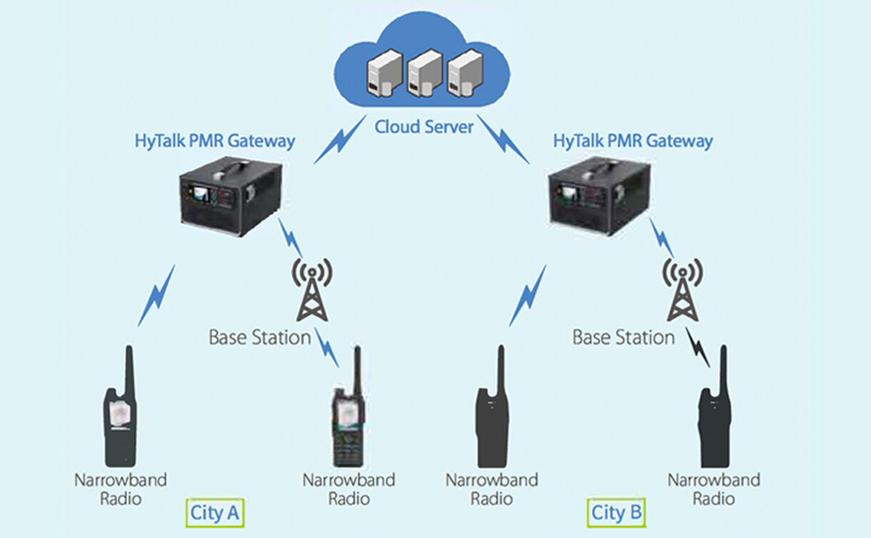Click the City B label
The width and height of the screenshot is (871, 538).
tap(616, 512)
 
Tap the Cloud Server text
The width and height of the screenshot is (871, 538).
tap(424, 127)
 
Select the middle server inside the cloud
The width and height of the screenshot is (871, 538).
tap(422, 73)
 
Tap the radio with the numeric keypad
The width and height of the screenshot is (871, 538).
tap(348, 421)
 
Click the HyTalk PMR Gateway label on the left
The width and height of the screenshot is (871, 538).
tap(215, 141)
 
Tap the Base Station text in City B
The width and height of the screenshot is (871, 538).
tap(623, 337)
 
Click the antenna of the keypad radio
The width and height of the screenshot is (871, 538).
tap(356, 367)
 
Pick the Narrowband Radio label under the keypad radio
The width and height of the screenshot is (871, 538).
tap(348, 489)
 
